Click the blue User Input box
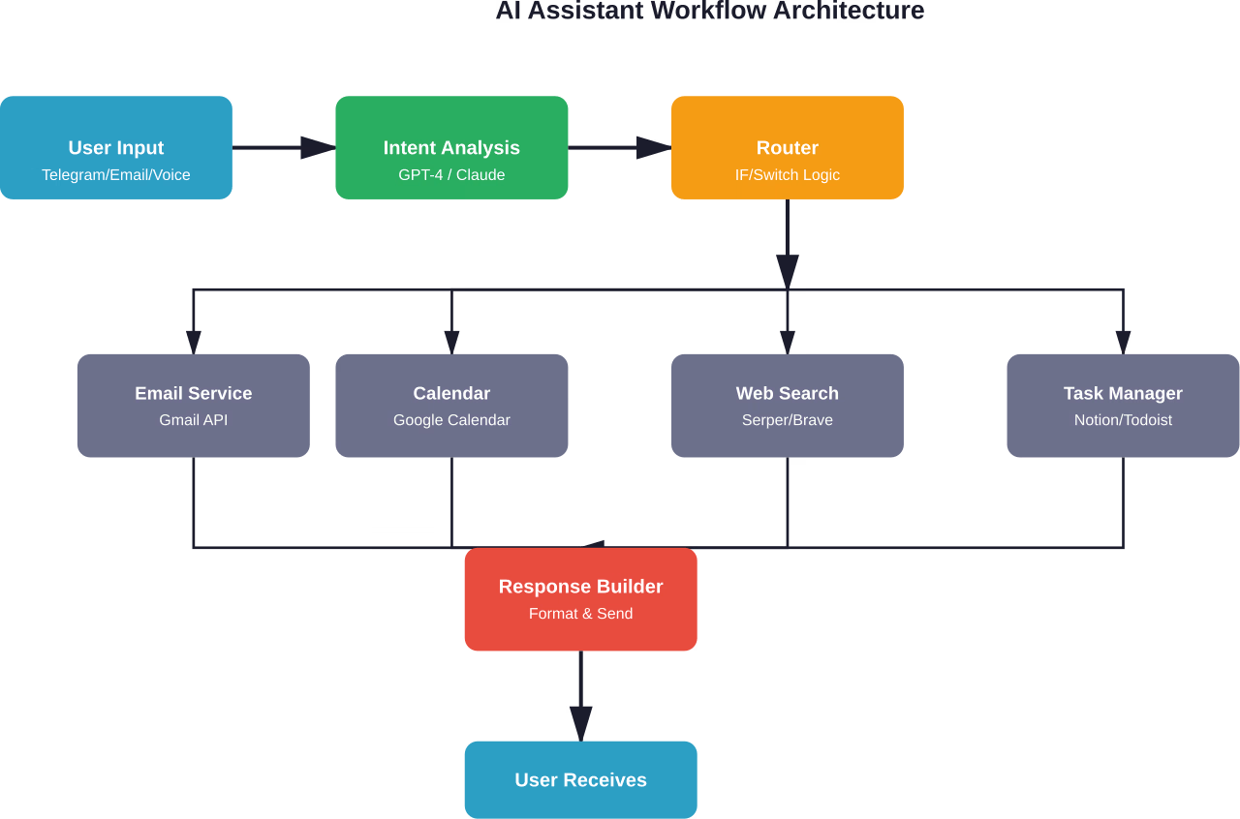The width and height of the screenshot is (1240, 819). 116,147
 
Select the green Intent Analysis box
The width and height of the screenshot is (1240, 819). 451,147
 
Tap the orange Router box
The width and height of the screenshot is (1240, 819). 787,147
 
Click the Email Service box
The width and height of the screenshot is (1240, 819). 193,405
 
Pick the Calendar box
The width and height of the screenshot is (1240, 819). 451,405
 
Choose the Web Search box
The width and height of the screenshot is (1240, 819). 787,405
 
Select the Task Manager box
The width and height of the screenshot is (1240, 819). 1123,405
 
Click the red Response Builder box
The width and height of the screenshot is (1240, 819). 580,599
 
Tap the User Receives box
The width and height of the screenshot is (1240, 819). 580,779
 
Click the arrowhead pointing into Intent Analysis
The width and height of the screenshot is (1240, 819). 318,148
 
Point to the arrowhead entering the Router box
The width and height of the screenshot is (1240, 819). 654,148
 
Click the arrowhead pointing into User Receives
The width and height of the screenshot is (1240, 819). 580,723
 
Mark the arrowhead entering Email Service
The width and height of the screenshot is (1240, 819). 194,342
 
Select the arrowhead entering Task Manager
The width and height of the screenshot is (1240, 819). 1123,342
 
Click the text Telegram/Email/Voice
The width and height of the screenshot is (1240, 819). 116,175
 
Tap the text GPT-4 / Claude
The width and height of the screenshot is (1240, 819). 451,175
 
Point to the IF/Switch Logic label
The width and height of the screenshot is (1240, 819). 787,175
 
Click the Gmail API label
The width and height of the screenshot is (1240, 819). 193,420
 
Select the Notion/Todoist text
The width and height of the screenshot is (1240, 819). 1123,420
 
